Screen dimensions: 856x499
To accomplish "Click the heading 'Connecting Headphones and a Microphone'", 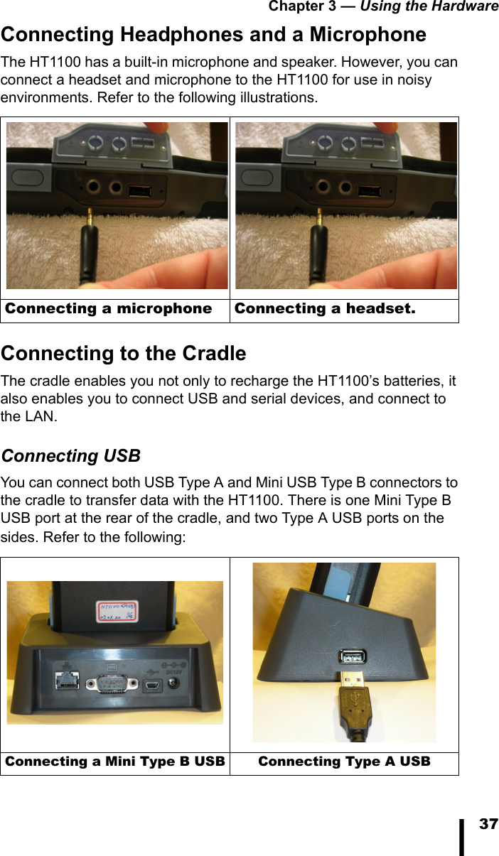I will [x=213, y=34].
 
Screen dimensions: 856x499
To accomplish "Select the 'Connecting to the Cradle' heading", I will [x=124, y=353].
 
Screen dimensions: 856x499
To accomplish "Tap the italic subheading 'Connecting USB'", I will [x=70, y=455].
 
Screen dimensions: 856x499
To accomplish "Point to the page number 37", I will [x=488, y=824].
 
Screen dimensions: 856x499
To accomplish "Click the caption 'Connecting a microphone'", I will [x=109, y=308].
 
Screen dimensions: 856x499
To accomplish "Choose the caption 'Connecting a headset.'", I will [x=325, y=308].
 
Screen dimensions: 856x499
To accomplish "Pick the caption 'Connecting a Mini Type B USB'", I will [x=115, y=762].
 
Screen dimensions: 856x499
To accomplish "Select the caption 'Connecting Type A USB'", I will [x=344, y=762].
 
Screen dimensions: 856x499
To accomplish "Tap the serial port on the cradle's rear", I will [x=109, y=685].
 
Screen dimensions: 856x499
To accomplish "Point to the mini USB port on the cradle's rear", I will [x=153, y=686].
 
